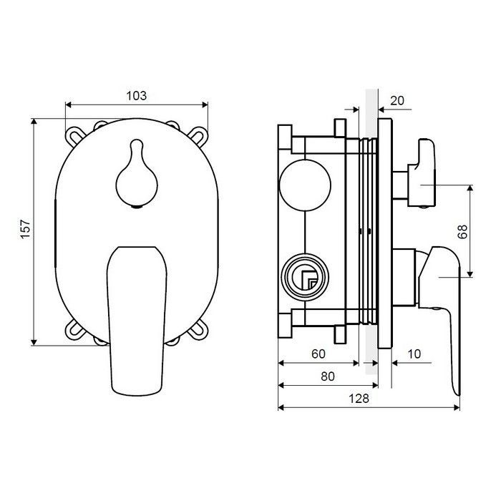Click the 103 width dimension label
pos(137,95)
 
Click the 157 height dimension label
pos(25,229)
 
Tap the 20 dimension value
pos(397,101)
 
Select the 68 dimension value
pos(462,231)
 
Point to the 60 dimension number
pos(318,354)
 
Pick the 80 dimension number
pos(328,376)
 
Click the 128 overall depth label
pos(359,399)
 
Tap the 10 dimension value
pos(414,354)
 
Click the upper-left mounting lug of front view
pos(73,135)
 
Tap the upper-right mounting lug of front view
pos(199,135)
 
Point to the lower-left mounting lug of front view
pos(74,329)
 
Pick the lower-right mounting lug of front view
pos(198,330)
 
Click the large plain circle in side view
pos(305,185)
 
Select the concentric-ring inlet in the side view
pos(305,278)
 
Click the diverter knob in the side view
pos(421,173)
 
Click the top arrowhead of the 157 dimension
pos(34,122)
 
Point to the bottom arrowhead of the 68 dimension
pos(470,274)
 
